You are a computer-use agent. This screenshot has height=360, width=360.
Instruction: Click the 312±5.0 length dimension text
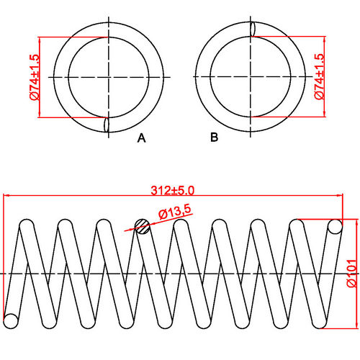tap(173, 191)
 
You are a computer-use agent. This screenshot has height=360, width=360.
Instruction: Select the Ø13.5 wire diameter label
tap(174, 212)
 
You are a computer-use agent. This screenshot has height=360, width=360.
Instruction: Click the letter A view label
tap(141, 138)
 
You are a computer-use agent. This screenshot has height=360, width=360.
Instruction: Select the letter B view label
tap(214, 138)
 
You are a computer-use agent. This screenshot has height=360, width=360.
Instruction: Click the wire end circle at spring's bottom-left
tap(11, 319)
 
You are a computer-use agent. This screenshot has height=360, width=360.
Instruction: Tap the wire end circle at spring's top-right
tap(334, 227)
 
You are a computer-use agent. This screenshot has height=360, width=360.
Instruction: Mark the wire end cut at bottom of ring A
tap(107, 124)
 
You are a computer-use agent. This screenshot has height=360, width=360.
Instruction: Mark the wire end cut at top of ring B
tap(253, 28)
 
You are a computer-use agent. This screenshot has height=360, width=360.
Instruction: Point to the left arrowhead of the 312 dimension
tap(6, 196)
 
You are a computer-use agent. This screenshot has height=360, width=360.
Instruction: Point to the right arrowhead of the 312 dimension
tap(340, 196)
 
